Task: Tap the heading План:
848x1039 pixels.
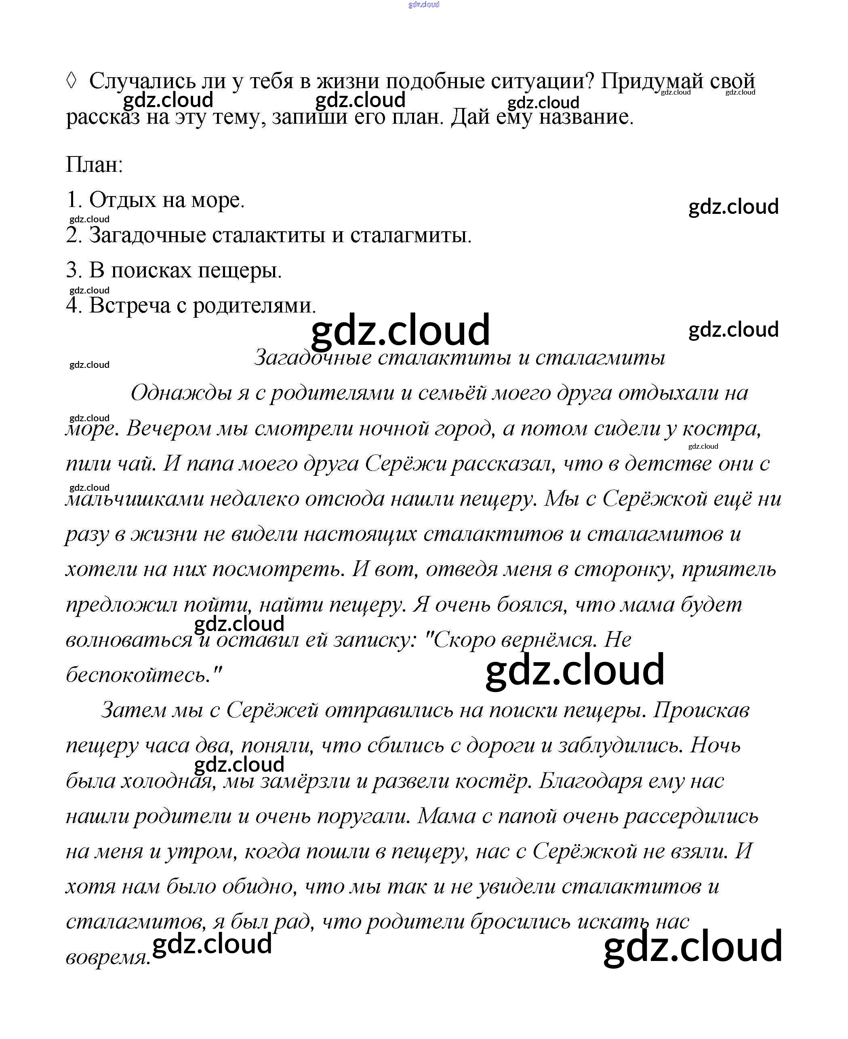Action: point(94,164)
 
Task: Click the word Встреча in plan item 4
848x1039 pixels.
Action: point(129,306)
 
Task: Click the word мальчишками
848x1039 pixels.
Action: point(135,498)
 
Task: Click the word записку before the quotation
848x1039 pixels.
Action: point(374,639)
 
